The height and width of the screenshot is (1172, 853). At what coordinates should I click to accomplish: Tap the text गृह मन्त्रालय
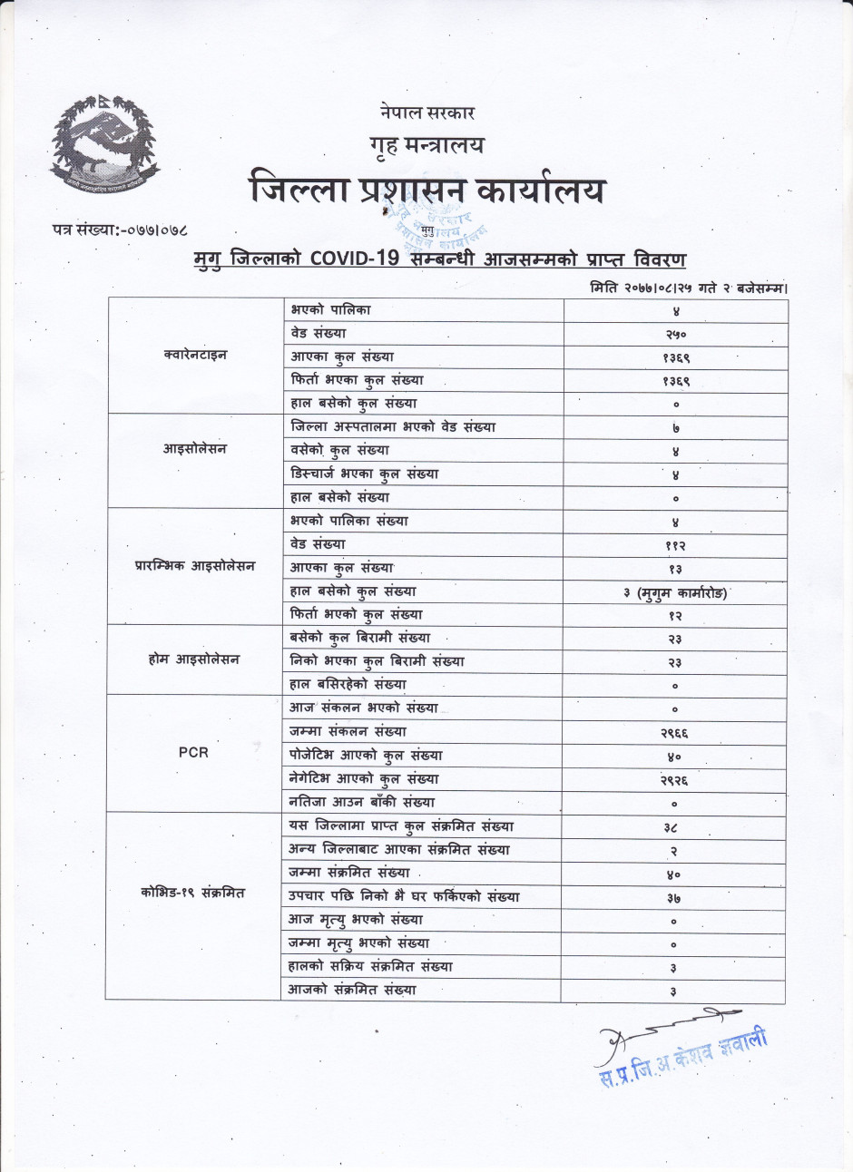coord(426,145)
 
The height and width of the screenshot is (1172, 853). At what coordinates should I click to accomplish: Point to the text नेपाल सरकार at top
coord(427,113)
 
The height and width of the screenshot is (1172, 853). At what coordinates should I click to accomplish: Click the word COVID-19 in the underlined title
coord(354,259)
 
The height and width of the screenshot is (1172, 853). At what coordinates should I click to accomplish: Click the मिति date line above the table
coord(688,288)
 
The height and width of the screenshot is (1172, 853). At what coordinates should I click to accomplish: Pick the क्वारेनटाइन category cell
coord(195,356)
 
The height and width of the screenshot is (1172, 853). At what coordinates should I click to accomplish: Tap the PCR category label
coord(193,752)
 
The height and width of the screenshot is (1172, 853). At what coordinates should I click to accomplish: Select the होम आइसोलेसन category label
coord(194,659)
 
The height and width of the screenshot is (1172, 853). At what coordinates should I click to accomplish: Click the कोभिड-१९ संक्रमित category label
coord(193,894)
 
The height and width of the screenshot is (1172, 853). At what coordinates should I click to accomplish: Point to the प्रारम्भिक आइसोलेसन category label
coord(195,566)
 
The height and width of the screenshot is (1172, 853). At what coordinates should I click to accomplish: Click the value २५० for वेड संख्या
coord(676,335)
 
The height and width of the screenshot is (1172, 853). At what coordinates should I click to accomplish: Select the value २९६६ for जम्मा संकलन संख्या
coord(674,733)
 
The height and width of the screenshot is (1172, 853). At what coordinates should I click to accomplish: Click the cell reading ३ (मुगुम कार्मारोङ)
coord(675,593)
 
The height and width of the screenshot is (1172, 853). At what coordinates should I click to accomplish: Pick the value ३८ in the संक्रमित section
coord(672,827)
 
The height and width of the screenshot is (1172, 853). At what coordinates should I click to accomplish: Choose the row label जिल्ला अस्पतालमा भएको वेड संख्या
coord(393,427)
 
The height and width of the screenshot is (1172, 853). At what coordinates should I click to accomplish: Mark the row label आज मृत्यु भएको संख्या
coord(356,920)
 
